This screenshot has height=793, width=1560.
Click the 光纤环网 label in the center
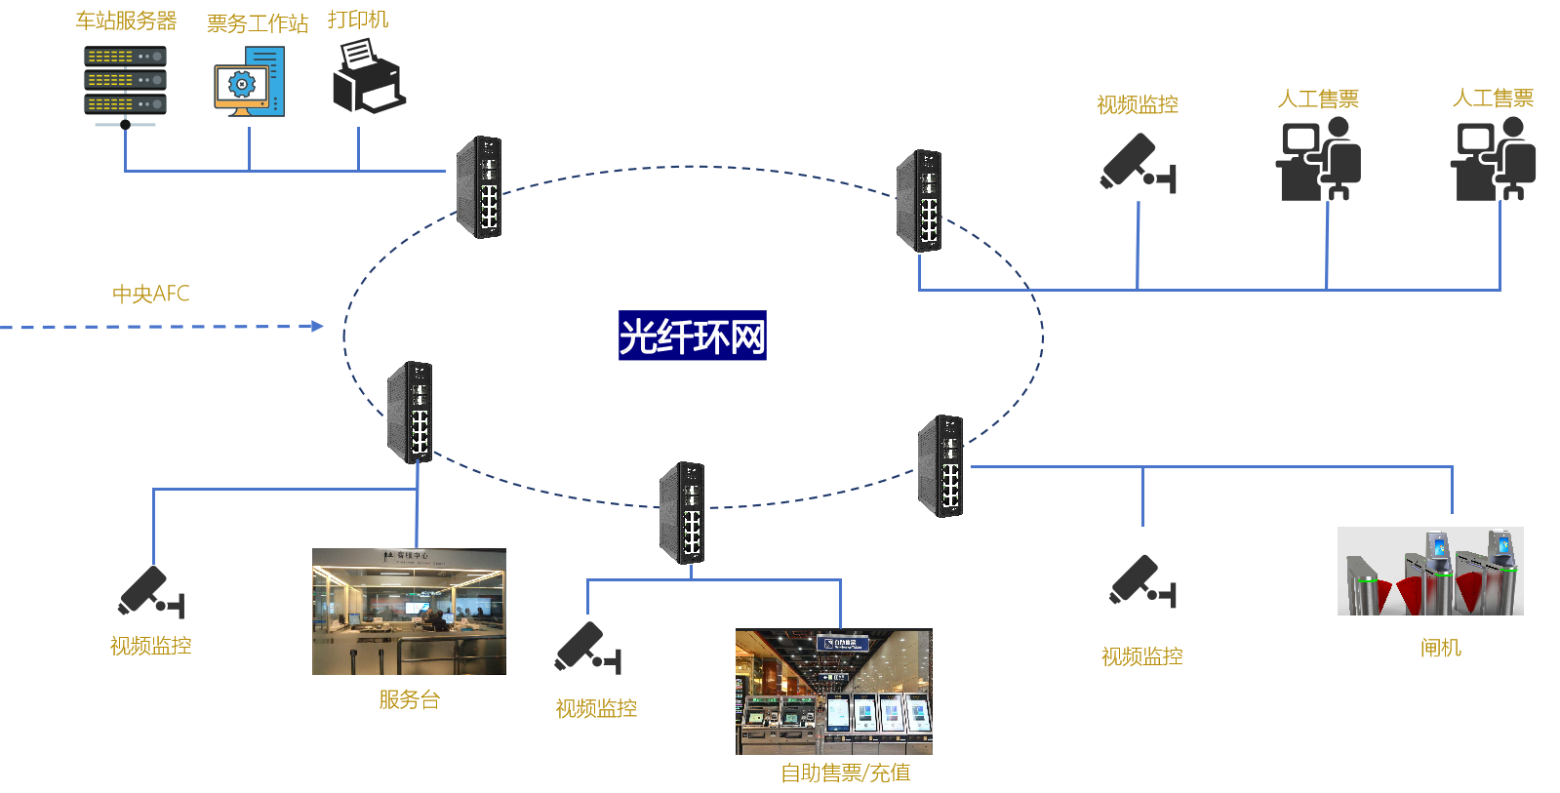tap(692, 337)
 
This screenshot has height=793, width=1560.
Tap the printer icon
tap(368, 77)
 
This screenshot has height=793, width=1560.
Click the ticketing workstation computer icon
tap(250, 82)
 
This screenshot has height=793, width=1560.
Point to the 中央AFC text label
tap(150, 294)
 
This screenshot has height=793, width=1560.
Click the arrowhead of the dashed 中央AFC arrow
tap(317, 326)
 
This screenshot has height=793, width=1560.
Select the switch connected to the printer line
tap(479, 187)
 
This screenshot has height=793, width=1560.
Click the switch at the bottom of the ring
tap(682, 512)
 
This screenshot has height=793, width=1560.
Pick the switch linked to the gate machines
tap(940, 466)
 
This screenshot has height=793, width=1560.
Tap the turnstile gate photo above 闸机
tap(1430, 572)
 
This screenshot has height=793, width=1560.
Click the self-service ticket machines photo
tap(834, 692)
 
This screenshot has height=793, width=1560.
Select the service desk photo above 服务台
tap(409, 612)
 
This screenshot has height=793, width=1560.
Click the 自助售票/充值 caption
tap(845, 773)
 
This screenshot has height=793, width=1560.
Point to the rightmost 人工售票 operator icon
tap(1494, 159)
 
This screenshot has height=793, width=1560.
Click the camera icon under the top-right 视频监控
tap(1138, 163)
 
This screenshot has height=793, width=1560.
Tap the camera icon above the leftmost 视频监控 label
tap(150, 591)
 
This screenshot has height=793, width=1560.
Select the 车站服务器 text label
tap(126, 20)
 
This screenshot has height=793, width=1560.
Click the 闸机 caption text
tap(1440, 648)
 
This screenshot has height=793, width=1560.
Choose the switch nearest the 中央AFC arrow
tap(410, 412)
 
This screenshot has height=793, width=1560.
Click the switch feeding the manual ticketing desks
tap(919, 201)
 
